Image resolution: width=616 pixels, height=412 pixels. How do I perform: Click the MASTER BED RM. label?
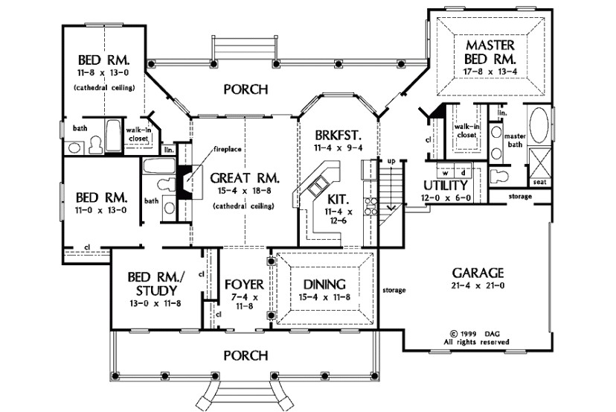click(490, 52)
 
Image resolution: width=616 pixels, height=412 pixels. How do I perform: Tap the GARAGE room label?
click(478, 273)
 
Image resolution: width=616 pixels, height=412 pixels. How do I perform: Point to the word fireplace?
click(228, 149)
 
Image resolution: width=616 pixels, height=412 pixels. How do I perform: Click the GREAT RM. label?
click(245, 178)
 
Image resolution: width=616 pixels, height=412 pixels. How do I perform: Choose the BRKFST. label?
click(338, 136)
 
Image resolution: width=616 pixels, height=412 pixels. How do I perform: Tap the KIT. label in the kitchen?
click(339, 199)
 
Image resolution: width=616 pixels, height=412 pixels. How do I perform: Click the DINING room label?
click(324, 284)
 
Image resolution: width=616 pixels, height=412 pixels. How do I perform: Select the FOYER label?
click(244, 284)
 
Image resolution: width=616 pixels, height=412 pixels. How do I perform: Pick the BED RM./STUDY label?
click(156, 284)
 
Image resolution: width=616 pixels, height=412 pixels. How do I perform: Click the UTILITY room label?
click(446, 186)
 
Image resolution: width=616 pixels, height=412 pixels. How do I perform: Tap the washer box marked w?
click(446, 172)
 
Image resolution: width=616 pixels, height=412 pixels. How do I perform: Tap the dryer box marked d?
click(463, 172)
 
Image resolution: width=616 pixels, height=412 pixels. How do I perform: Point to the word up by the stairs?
click(391, 161)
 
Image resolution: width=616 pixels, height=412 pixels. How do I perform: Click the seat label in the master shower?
click(540, 182)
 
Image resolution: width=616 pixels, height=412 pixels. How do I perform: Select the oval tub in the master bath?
click(539, 124)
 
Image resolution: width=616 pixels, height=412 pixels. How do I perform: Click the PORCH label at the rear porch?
click(246, 89)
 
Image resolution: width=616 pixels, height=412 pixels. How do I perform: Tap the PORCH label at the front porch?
click(246, 355)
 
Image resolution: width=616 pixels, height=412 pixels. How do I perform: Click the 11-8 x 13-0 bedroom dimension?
click(103, 73)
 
